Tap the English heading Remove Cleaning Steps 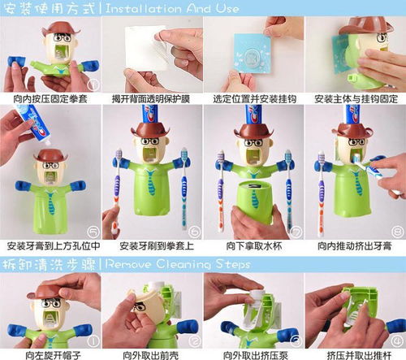tap(188, 264)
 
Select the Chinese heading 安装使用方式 tap(50, 9)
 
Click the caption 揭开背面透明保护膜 tap(151, 98)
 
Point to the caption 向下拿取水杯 tap(252, 245)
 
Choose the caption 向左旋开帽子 tap(50, 354)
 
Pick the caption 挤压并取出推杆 tap(354, 354)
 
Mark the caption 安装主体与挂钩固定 tap(354, 98)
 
